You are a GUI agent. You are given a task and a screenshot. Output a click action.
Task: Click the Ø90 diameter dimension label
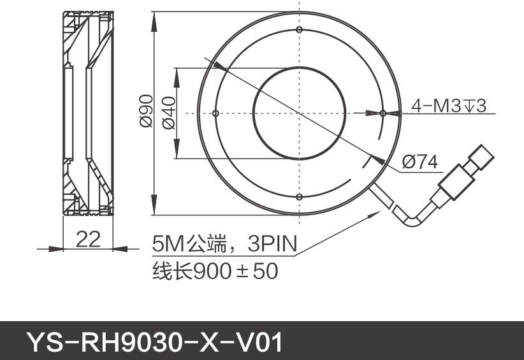[x=146, y=111]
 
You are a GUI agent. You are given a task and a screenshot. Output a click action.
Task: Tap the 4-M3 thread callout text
[x=448, y=106]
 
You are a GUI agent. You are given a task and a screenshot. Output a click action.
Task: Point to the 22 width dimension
[x=89, y=240]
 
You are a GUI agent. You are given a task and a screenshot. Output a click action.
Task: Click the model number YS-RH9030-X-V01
[x=153, y=342]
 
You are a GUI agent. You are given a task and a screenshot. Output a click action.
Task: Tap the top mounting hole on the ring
[x=299, y=30]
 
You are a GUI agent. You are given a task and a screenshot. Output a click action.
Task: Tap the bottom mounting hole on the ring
[x=299, y=197]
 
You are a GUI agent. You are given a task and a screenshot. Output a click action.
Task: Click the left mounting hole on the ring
[x=215, y=113]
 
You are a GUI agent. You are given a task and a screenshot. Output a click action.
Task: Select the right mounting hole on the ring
[x=382, y=113]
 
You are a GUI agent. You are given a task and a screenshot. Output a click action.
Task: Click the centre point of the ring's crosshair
[x=299, y=113]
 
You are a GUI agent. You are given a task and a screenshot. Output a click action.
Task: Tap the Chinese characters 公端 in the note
[x=208, y=243]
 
